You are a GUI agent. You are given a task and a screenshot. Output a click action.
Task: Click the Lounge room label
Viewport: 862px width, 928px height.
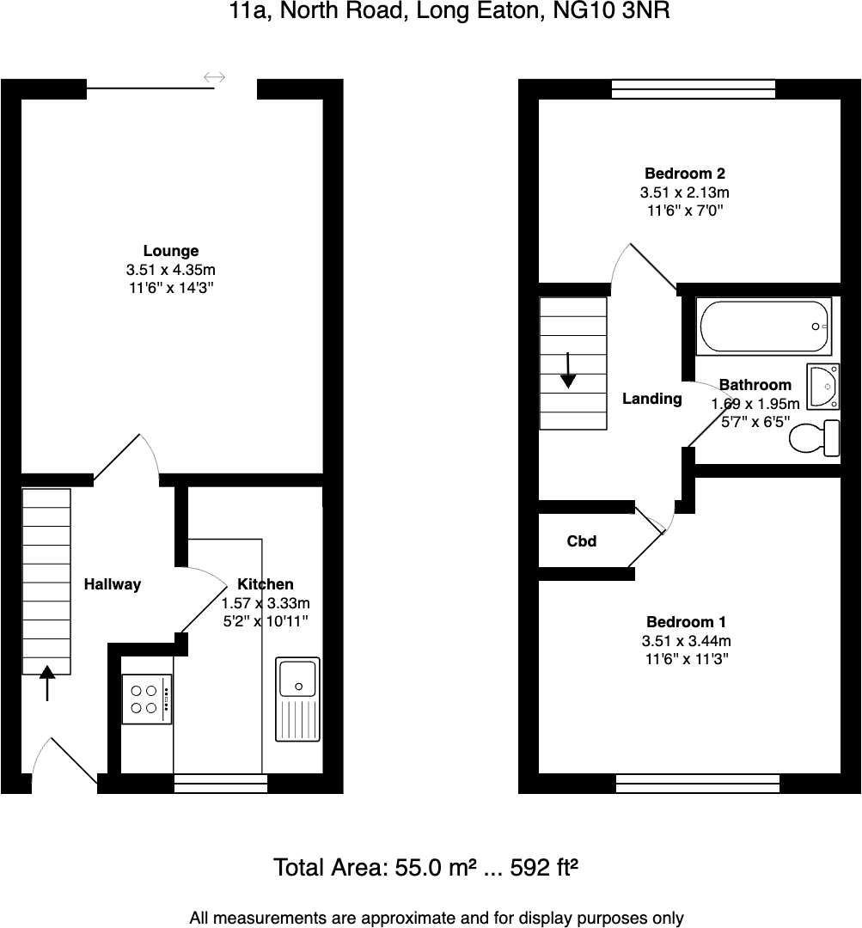pos(170,251)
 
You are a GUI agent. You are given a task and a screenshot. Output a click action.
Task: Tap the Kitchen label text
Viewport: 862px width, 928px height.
pos(265,584)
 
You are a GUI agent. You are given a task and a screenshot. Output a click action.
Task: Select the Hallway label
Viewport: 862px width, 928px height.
pos(113,584)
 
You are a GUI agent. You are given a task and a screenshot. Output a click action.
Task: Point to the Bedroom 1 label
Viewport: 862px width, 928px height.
pos(686,622)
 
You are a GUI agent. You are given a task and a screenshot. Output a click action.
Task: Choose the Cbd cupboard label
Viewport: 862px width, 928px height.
pos(582,541)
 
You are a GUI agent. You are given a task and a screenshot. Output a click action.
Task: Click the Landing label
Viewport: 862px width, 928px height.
pos(651,399)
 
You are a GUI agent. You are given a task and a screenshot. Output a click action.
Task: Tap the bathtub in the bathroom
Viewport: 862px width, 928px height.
pos(764,326)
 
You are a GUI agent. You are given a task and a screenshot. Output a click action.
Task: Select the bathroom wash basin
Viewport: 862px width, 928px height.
pos(823,386)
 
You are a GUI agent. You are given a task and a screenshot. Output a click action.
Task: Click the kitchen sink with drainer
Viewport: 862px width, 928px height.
pos(297,699)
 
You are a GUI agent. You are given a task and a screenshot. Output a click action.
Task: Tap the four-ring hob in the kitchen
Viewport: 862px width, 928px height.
pos(146,699)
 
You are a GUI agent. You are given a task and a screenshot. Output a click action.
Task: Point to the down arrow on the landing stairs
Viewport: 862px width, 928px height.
pos(568,371)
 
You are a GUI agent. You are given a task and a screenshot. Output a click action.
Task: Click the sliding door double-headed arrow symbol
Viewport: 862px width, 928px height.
pos(214,78)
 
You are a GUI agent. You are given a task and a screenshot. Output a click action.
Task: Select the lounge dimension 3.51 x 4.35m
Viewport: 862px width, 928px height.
pos(170,270)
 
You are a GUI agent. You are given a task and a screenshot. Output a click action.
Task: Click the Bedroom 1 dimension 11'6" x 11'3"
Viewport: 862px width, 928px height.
pos(686,660)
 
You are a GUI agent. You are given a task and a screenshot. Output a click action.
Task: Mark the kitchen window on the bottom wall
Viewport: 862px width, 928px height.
pos(220,783)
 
